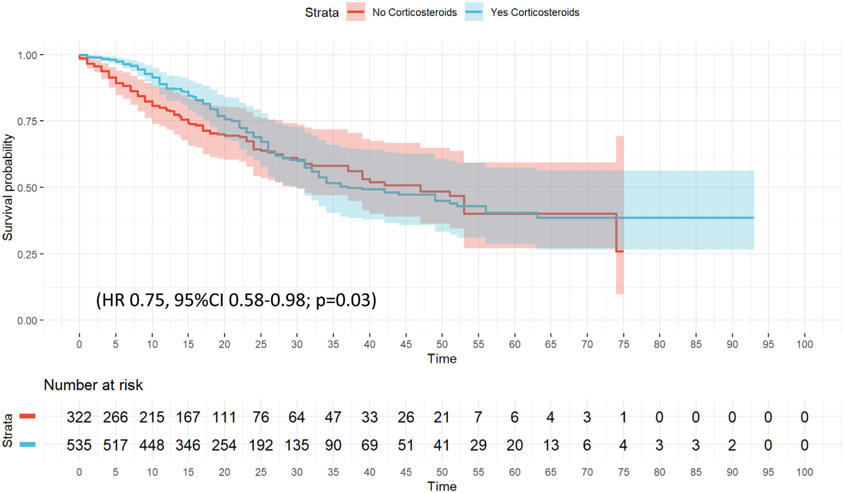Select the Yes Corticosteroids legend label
535,12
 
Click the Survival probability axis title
7,188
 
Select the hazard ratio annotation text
236,300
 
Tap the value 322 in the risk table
79,417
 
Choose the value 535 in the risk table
79,445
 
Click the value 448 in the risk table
152,445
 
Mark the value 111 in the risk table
224,417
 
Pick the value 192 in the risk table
261,445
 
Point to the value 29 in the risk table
478,445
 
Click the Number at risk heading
93,385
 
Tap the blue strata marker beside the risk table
28,445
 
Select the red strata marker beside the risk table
28,416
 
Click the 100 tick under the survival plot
805,344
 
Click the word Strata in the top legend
321,13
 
